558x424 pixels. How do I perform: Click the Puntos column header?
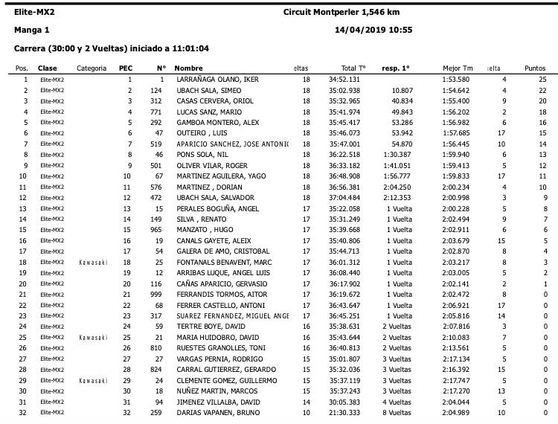(x=535, y=68)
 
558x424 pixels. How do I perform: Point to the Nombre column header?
(x=189, y=68)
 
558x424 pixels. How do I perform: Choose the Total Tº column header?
(x=353, y=68)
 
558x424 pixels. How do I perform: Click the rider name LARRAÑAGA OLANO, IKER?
(x=217, y=79)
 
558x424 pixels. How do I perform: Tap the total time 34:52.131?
(x=344, y=79)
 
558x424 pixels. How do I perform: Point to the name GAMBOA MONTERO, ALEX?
(x=217, y=123)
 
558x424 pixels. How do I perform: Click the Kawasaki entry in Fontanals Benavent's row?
(x=92, y=263)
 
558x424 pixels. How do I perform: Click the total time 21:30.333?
(x=344, y=412)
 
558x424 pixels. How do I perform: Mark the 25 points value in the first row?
(x=543, y=79)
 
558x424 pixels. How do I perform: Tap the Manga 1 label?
(x=31, y=30)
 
